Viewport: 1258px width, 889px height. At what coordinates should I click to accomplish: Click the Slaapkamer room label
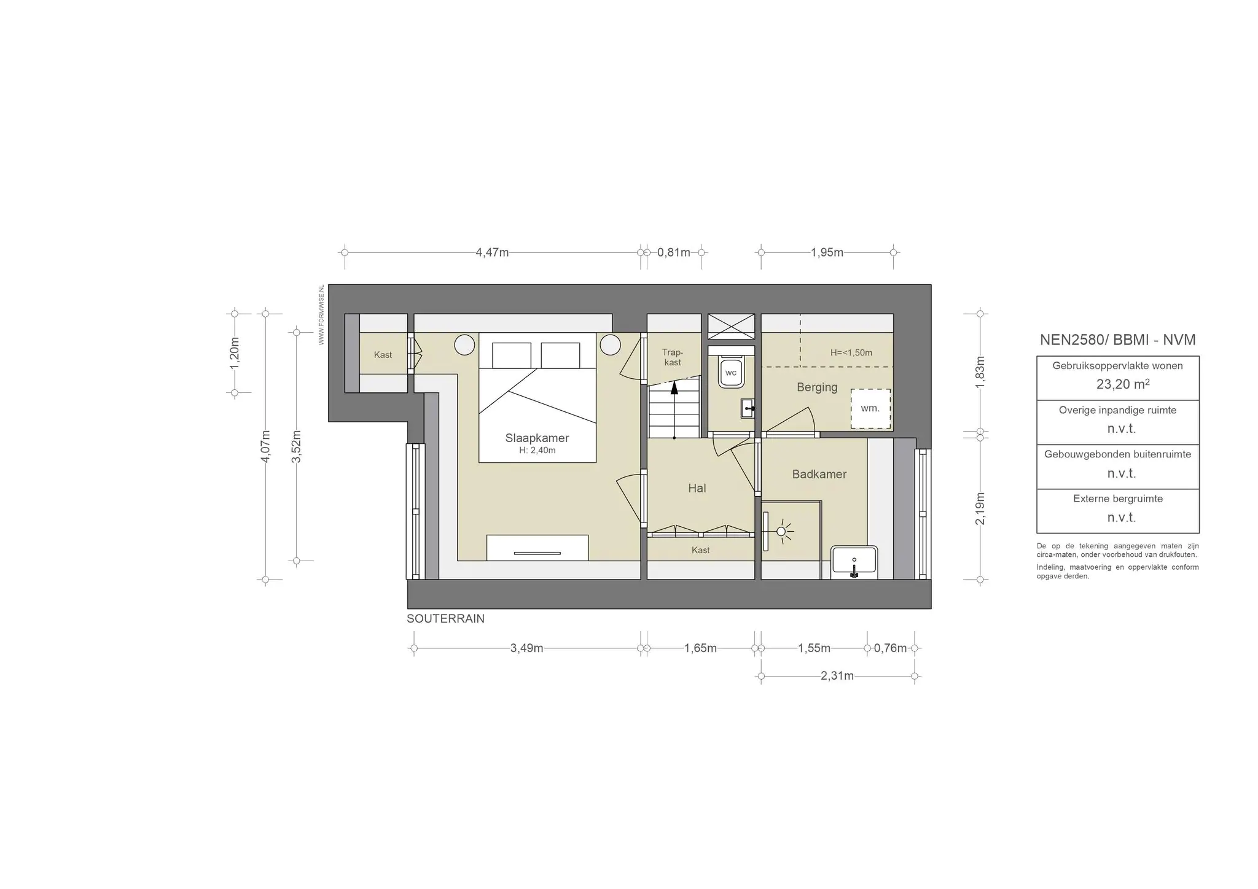(537, 438)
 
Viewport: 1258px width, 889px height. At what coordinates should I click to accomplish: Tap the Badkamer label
(819, 474)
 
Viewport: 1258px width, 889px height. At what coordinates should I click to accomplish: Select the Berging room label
(817, 387)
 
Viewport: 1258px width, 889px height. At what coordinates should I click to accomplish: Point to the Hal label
(697, 488)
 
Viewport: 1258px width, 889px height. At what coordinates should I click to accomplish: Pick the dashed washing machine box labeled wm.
(870, 409)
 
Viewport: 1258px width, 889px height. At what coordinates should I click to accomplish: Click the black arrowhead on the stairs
(674, 387)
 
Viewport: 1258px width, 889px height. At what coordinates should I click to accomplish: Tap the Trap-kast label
(673, 357)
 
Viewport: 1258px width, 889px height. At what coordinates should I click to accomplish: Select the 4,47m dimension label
(492, 252)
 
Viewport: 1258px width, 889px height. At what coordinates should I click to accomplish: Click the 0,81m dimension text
(674, 252)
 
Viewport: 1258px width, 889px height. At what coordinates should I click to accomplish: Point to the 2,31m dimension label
(837, 676)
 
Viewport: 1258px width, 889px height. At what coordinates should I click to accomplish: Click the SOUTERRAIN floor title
(445, 619)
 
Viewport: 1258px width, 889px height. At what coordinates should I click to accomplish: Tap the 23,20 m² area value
(1123, 384)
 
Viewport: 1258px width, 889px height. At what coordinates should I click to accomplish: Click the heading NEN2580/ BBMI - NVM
(1117, 340)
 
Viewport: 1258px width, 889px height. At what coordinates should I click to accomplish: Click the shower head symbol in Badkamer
(781, 531)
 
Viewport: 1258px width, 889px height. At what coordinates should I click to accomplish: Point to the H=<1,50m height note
(851, 352)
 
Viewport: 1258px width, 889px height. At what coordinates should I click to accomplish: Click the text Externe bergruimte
(1118, 499)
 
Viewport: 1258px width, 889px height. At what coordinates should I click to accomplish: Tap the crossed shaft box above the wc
(731, 326)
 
